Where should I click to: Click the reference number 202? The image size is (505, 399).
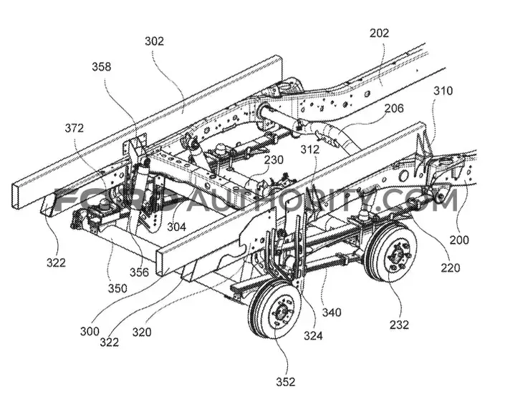point(379,33)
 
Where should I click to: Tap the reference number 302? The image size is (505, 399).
point(154,41)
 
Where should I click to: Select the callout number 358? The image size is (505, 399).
point(102,66)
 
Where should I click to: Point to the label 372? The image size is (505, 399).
point(74,128)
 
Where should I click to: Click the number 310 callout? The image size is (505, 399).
point(443,91)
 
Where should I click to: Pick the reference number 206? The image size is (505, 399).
point(394,108)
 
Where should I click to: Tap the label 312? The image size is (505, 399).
point(310,149)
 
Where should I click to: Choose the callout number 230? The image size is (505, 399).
point(274,159)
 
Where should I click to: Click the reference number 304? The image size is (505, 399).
point(176,227)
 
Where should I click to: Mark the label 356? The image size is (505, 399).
point(139,272)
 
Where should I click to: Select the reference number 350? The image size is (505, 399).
point(117,288)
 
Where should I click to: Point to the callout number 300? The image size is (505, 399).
point(90,331)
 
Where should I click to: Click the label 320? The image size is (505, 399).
point(142,332)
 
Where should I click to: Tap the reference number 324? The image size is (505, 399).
point(313,335)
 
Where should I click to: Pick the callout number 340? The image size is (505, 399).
point(332,312)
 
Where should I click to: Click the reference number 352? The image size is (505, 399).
point(286,382)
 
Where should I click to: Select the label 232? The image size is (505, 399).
point(399,325)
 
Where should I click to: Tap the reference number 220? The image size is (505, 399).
point(451,267)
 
